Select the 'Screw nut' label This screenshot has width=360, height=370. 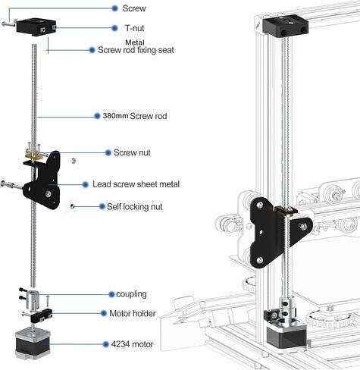(132, 152)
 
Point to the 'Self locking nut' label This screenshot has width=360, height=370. (135, 206)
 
